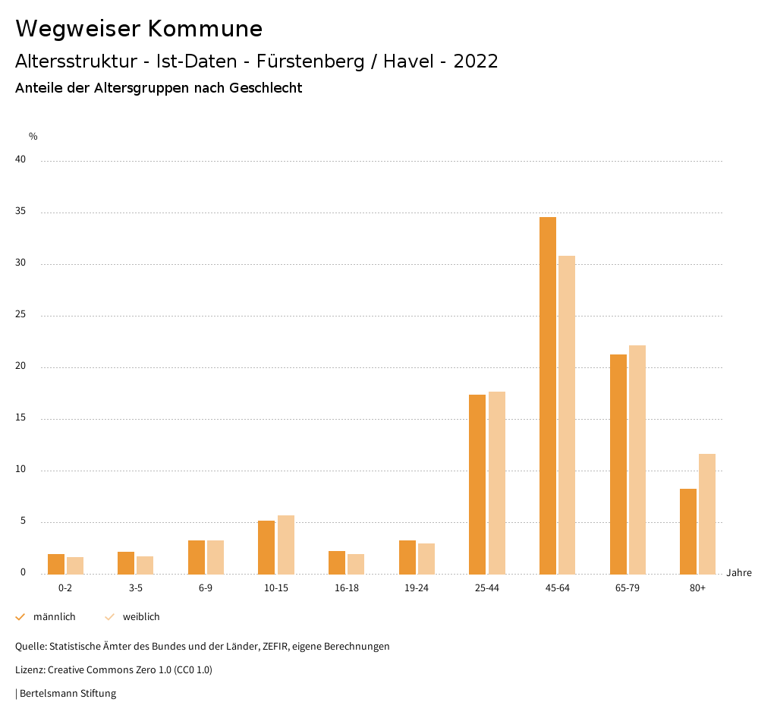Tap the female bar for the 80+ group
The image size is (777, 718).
pyautogui.click(x=707, y=514)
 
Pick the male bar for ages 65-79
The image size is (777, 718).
pyautogui.click(x=618, y=464)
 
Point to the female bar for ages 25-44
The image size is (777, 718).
pyautogui.click(x=497, y=483)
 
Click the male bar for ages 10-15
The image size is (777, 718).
pyautogui.click(x=266, y=547)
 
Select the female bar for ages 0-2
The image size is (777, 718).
pyautogui.click(x=75, y=565)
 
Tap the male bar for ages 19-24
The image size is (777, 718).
pyautogui.click(x=407, y=557)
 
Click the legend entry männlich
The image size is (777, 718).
pyautogui.click(x=54, y=617)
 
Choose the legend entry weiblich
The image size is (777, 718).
pyautogui.click(x=141, y=617)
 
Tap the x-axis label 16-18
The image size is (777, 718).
pyautogui.click(x=347, y=589)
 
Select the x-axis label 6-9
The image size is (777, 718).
pyautogui.click(x=206, y=589)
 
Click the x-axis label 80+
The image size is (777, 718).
pyautogui.click(x=698, y=589)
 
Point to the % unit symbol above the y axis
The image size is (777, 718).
pyautogui.click(x=33, y=137)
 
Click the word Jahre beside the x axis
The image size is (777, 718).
pyautogui.click(x=739, y=573)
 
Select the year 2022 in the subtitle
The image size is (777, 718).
pyautogui.click(x=476, y=61)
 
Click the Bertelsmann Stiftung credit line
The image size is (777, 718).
pyautogui.click(x=67, y=694)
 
